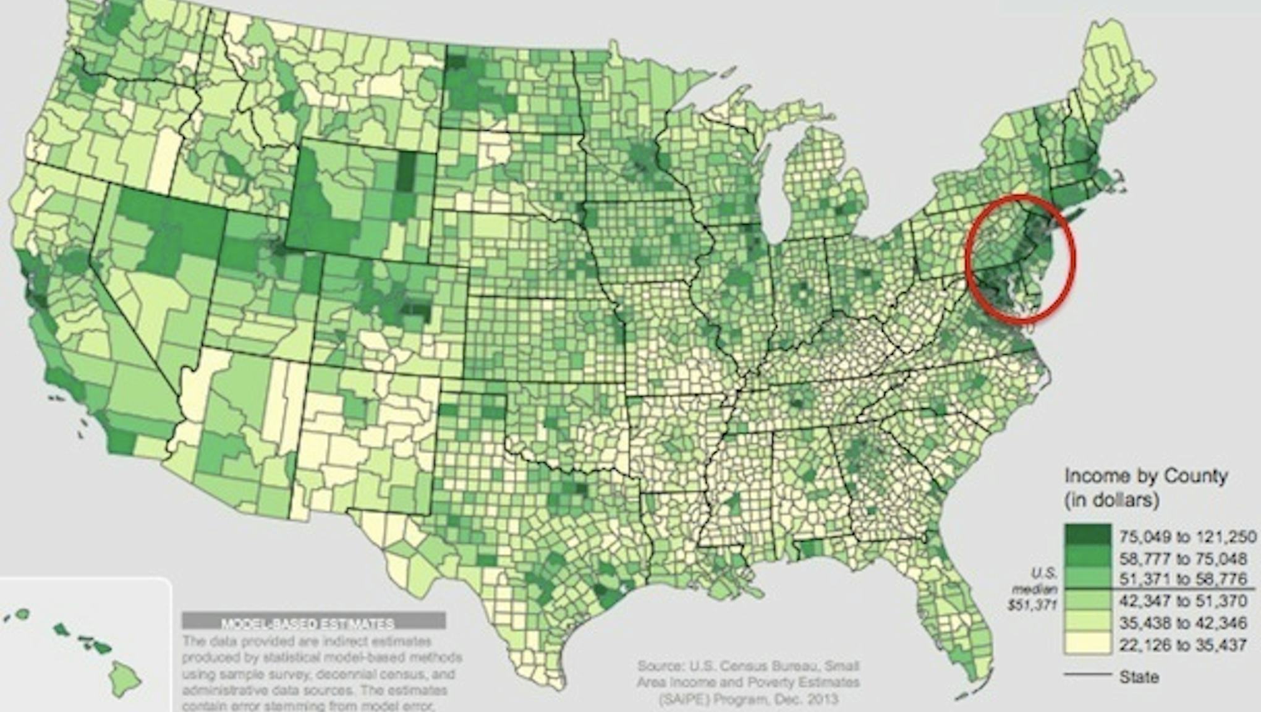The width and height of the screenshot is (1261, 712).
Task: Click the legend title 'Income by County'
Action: pos(1145,476)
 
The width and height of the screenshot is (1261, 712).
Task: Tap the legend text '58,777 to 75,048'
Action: pos(1183,559)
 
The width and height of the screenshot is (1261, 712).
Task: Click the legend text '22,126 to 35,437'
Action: pos(1183,645)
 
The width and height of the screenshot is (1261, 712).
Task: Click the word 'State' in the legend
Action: pos(1139,677)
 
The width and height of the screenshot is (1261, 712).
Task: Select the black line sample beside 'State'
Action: pos(1087,675)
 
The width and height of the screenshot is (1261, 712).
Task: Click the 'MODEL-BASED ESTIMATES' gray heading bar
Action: pos(313,621)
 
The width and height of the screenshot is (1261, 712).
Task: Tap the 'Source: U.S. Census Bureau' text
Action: pos(748,667)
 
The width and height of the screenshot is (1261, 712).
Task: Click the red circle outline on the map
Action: pos(1074,260)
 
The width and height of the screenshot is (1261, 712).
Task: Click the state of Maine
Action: pos(1119,80)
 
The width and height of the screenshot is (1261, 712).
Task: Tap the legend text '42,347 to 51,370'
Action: pos(1183,601)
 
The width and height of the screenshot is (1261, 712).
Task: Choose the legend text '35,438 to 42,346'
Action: pos(1183,623)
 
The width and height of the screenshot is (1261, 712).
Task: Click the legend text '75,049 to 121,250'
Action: pos(1187,536)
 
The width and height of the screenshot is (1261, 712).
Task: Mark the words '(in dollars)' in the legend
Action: pos(1111,499)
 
